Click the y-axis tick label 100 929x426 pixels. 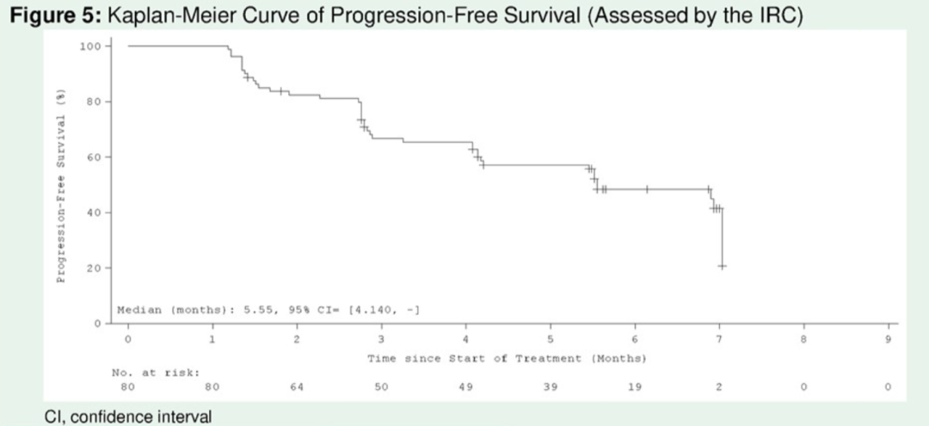tap(89, 46)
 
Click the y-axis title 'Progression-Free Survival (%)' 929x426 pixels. tap(61, 185)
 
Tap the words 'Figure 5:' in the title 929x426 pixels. tap(42, 15)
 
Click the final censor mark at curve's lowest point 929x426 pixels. tap(723, 267)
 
